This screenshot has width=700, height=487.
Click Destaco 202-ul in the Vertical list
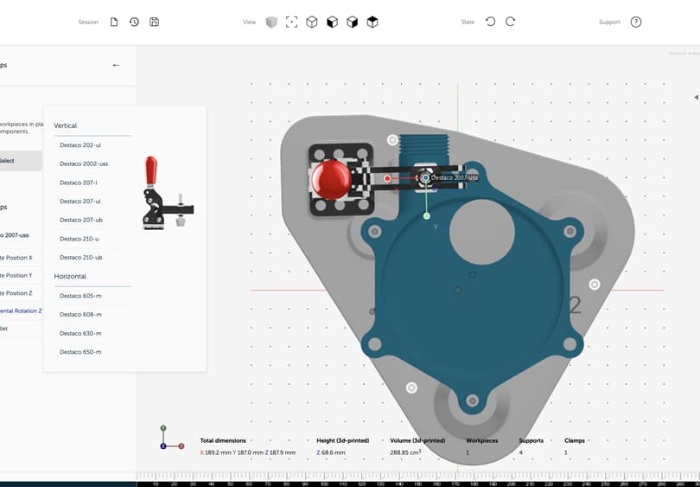click(x=80, y=144)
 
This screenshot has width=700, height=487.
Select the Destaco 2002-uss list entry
click(x=84, y=163)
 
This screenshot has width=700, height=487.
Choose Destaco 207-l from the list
click(x=79, y=183)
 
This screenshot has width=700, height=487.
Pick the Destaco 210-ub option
click(x=81, y=258)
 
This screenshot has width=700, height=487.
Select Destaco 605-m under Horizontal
click(x=80, y=296)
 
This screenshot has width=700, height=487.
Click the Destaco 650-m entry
click(x=80, y=352)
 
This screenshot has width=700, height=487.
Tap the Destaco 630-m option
click(x=80, y=333)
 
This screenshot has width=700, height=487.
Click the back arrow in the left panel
click(x=116, y=65)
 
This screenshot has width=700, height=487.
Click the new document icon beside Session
click(x=114, y=22)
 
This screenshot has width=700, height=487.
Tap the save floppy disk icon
click(x=154, y=22)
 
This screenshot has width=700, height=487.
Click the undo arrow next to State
click(x=490, y=22)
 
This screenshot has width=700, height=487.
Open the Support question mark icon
click(x=636, y=22)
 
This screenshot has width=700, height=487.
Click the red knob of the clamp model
click(x=330, y=179)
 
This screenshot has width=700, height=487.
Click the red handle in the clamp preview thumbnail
click(x=151, y=170)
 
